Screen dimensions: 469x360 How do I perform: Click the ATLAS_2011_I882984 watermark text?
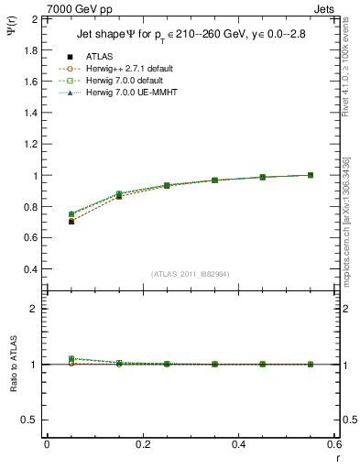pyautogui.click(x=191, y=274)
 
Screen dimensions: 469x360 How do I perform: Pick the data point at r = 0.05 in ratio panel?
pyautogui.click(x=71, y=359)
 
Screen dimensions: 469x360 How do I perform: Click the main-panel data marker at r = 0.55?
pyautogui.click(x=311, y=175)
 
